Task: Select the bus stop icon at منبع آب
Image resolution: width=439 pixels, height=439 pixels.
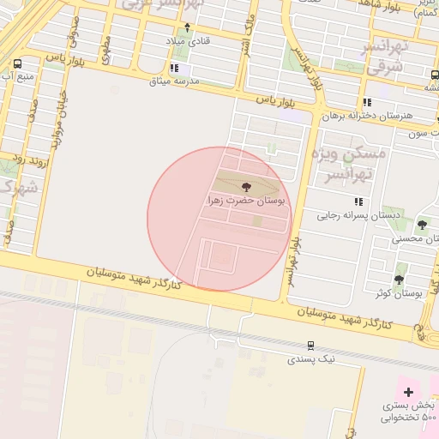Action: [19, 63]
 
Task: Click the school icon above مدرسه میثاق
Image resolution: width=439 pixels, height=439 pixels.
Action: [175, 67]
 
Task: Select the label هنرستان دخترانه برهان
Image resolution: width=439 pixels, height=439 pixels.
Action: [368, 115]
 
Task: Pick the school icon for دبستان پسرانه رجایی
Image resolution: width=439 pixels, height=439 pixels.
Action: [358, 201]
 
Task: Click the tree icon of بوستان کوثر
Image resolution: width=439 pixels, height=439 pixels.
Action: [399, 280]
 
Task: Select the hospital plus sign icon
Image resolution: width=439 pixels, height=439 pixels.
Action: [408, 391]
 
